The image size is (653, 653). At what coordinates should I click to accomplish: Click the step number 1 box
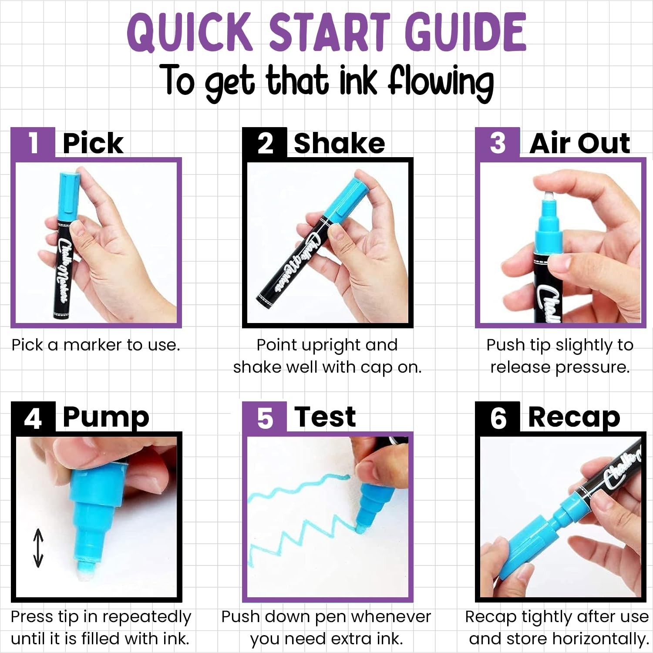click(x=33, y=142)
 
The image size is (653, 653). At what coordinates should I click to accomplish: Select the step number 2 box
click(x=265, y=142)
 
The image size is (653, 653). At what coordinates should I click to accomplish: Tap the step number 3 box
click(x=498, y=142)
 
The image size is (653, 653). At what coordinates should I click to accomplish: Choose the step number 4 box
click(x=33, y=417)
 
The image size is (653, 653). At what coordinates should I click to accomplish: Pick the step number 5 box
click(x=265, y=417)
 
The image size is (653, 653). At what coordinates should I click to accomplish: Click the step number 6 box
click(x=498, y=417)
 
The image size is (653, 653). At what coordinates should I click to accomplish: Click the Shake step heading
click(x=340, y=143)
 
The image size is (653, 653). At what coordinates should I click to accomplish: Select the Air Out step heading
click(x=580, y=143)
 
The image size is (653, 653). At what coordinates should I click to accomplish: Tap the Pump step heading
click(x=106, y=418)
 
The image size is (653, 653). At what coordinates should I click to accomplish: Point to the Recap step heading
click(x=574, y=418)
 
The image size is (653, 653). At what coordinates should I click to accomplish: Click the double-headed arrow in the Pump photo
click(x=38, y=548)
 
